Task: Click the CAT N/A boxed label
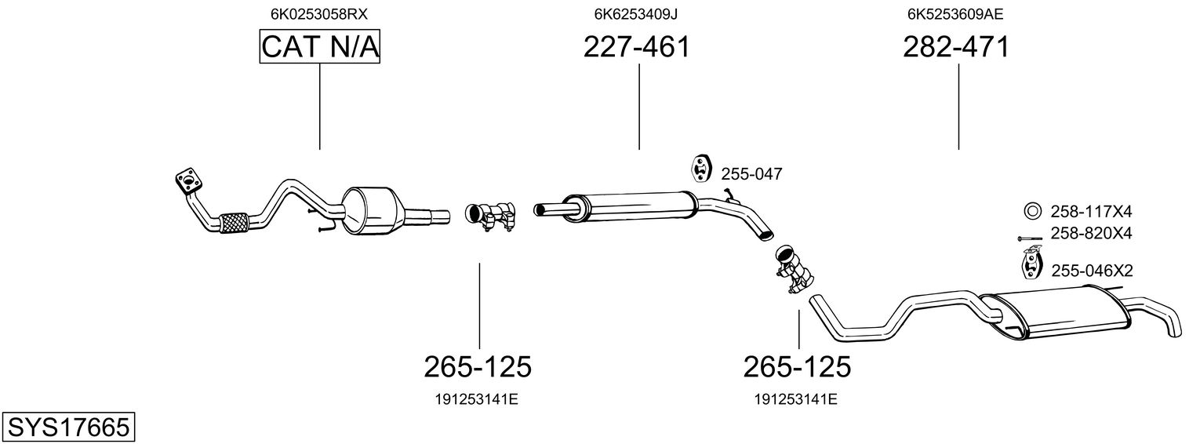(x=320, y=46)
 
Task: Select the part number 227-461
(x=636, y=47)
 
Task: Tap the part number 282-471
(x=956, y=47)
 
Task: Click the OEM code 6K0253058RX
(x=319, y=14)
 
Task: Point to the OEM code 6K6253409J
(x=636, y=14)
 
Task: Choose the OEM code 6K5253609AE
(x=955, y=14)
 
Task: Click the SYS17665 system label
(x=68, y=428)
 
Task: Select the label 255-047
(x=751, y=174)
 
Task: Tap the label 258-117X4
(x=1091, y=212)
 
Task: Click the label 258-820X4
(x=1091, y=234)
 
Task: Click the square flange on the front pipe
(x=188, y=181)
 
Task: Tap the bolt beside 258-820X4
(x=1029, y=238)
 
